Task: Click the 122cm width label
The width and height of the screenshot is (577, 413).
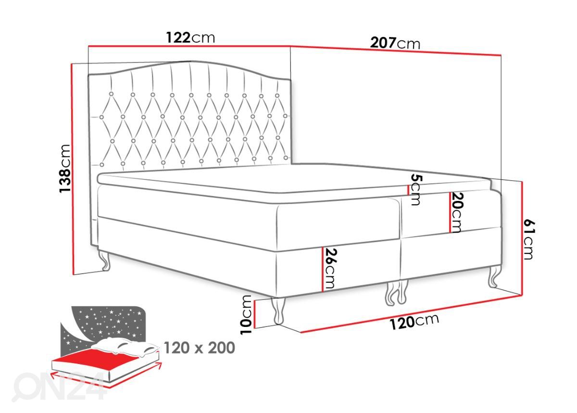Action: click(x=190, y=38)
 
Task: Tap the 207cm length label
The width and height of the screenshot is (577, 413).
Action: click(x=395, y=43)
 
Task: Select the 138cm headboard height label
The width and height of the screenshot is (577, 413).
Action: click(x=64, y=168)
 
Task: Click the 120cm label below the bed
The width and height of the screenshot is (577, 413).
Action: click(x=414, y=322)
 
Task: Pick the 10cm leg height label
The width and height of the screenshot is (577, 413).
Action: click(x=246, y=314)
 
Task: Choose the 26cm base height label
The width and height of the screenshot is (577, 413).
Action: click(x=330, y=268)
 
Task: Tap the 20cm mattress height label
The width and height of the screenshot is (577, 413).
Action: click(x=457, y=213)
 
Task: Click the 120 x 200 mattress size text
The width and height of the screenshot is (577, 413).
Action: click(x=200, y=348)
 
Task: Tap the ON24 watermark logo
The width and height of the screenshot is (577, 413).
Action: click(x=59, y=387)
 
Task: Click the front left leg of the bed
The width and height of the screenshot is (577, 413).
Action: click(x=278, y=311)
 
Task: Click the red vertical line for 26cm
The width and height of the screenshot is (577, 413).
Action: click(x=323, y=270)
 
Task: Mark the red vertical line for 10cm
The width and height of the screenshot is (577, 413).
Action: click(x=254, y=314)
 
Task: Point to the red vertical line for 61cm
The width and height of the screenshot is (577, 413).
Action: click(x=522, y=238)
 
